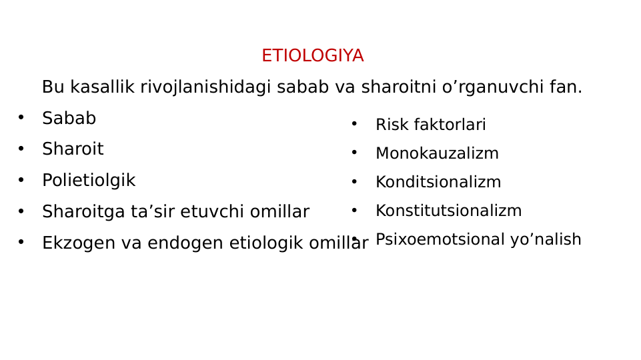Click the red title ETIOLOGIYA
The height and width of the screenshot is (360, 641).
coord(312,56)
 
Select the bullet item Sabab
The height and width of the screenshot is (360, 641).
coord(69,119)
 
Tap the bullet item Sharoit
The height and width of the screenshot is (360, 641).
coord(73,149)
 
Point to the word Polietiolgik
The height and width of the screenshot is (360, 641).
coord(88,181)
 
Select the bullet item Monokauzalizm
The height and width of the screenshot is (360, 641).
coord(437,154)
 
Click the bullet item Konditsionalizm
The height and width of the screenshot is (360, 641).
coord(438,183)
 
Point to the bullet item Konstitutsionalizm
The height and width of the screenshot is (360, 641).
coord(448,211)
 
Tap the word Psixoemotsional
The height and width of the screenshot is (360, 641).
coord(440,240)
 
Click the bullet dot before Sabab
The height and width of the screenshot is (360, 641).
coord(21,118)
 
